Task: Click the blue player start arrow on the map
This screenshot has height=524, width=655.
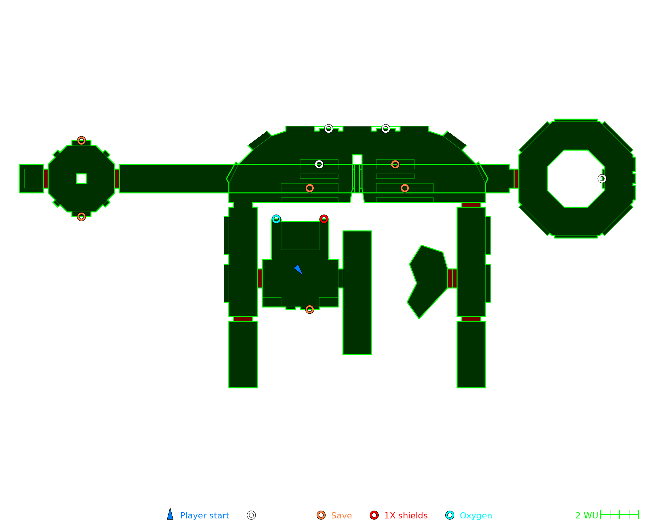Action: coord(298,270)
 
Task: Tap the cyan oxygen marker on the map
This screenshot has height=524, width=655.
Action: coord(276,219)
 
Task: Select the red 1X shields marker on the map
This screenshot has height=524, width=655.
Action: coord(324,219)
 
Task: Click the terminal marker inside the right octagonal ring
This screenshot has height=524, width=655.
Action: coord(602,178)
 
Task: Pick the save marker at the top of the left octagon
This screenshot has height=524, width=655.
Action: coord(82,140)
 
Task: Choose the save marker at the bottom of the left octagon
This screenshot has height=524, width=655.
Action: coord(82,216)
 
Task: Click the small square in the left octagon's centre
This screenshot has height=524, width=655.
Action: coord(82,178)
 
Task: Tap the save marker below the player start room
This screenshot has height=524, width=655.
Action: coord(309,309)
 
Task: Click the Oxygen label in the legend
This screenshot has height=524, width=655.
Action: coord(476,515)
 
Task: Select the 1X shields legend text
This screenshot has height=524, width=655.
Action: coord(406,515)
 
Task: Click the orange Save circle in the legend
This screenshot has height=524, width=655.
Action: coord(321,515)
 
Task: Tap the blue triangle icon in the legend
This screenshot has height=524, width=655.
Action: coord(170,514)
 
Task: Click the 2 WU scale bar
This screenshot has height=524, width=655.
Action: coord(619,515)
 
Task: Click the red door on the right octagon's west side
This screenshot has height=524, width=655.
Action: coord(516,178)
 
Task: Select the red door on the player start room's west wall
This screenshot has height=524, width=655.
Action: coord(260,278)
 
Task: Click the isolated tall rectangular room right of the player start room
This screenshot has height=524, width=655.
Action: coord(357,292)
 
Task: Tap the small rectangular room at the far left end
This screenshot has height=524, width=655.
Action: coord(32,178)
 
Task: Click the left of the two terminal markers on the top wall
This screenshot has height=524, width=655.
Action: coord(328,129)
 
